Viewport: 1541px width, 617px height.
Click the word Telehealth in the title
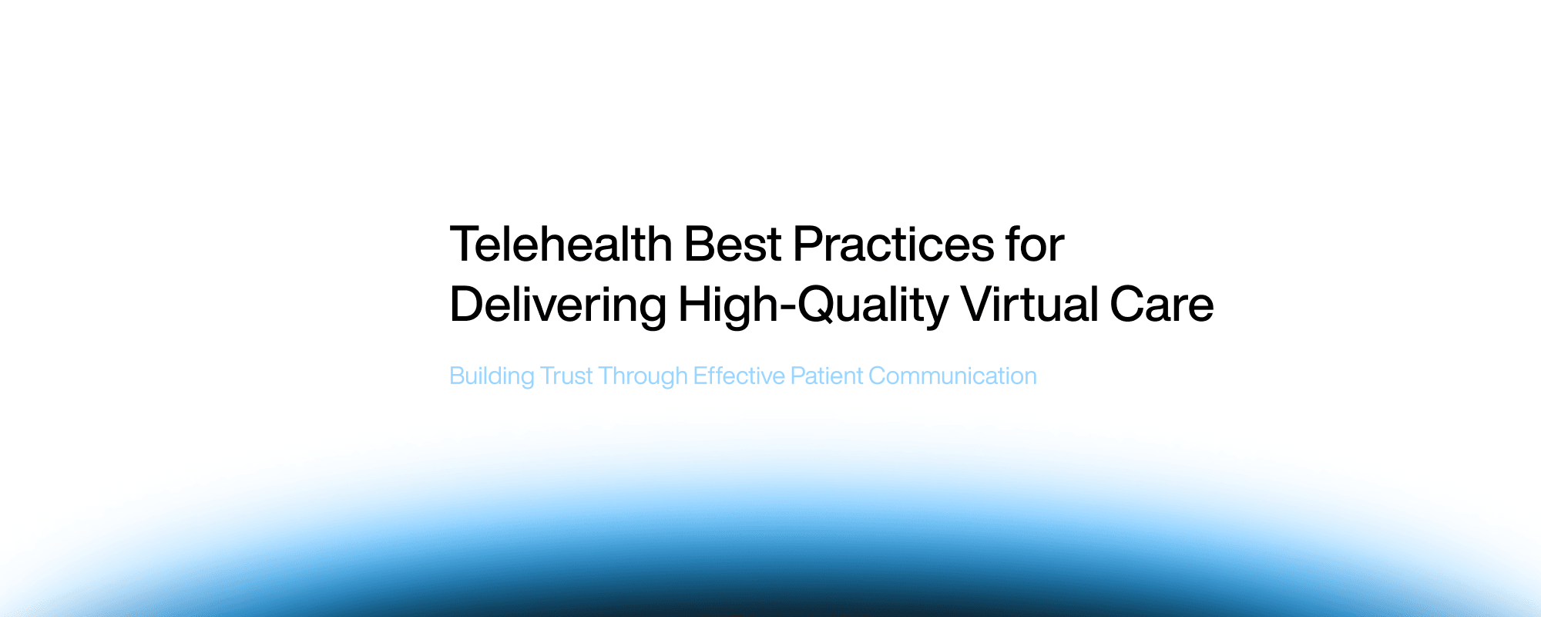(x=561, y=244)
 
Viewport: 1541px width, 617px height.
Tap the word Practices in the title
(x=893, y=244)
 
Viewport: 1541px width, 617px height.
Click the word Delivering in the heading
(x=558, y=305)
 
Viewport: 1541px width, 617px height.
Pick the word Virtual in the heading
(x=1029, y=305)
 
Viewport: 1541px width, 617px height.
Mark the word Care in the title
(x=1161, y=305)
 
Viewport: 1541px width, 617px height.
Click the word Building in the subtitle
(x=492, y=376)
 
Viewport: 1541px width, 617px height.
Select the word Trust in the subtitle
(x=566, y=376)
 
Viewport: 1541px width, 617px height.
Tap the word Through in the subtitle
(x=643, y=376)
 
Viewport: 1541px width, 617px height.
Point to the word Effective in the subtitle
(x=738, y=376)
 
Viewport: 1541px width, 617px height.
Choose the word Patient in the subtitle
(x=827, y=376)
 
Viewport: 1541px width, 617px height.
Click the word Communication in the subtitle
(x=952, y=376)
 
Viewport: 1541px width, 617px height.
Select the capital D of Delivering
(x=467, y=305)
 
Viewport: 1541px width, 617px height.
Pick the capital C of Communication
(x=877, y=376)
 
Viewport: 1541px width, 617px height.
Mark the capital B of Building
(x=456, y=376)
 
